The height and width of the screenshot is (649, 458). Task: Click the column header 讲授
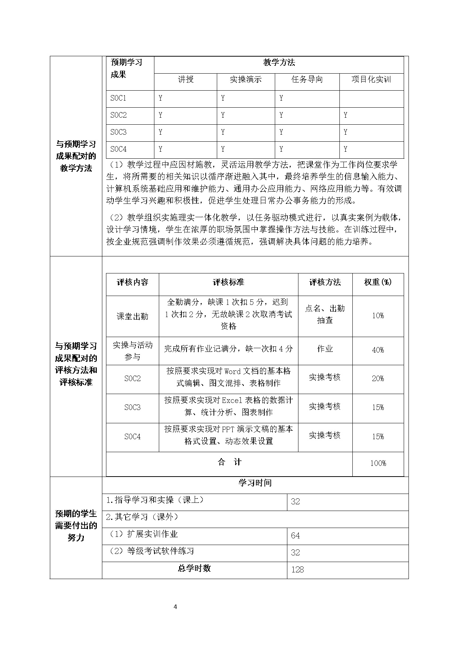coord(185,80)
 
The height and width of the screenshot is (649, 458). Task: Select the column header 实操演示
coord(246,80)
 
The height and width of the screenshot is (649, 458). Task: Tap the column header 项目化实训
coord(371,80)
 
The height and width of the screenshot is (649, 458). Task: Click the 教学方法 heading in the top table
coord(279,63)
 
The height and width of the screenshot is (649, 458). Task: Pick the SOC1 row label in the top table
coord(119,98)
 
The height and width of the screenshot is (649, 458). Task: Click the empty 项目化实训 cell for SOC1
coord(371,99)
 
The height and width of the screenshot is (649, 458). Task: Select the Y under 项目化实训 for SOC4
coord(345,149)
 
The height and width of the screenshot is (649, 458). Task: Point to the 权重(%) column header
coord(378,282)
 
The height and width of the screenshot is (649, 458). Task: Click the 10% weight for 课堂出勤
coord(378,316)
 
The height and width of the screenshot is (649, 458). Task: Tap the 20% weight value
coord(378,379)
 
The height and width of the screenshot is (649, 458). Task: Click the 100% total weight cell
coord(378,463)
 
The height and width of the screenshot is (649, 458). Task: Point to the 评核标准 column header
coord(228,282)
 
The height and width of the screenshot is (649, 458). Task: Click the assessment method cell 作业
coord(325,349)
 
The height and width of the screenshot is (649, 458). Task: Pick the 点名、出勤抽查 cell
coord(325,315)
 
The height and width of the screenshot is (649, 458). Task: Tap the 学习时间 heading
coord(255,483)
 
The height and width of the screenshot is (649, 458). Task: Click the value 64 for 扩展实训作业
coord(295,536)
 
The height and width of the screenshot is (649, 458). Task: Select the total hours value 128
coord(297,570)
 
